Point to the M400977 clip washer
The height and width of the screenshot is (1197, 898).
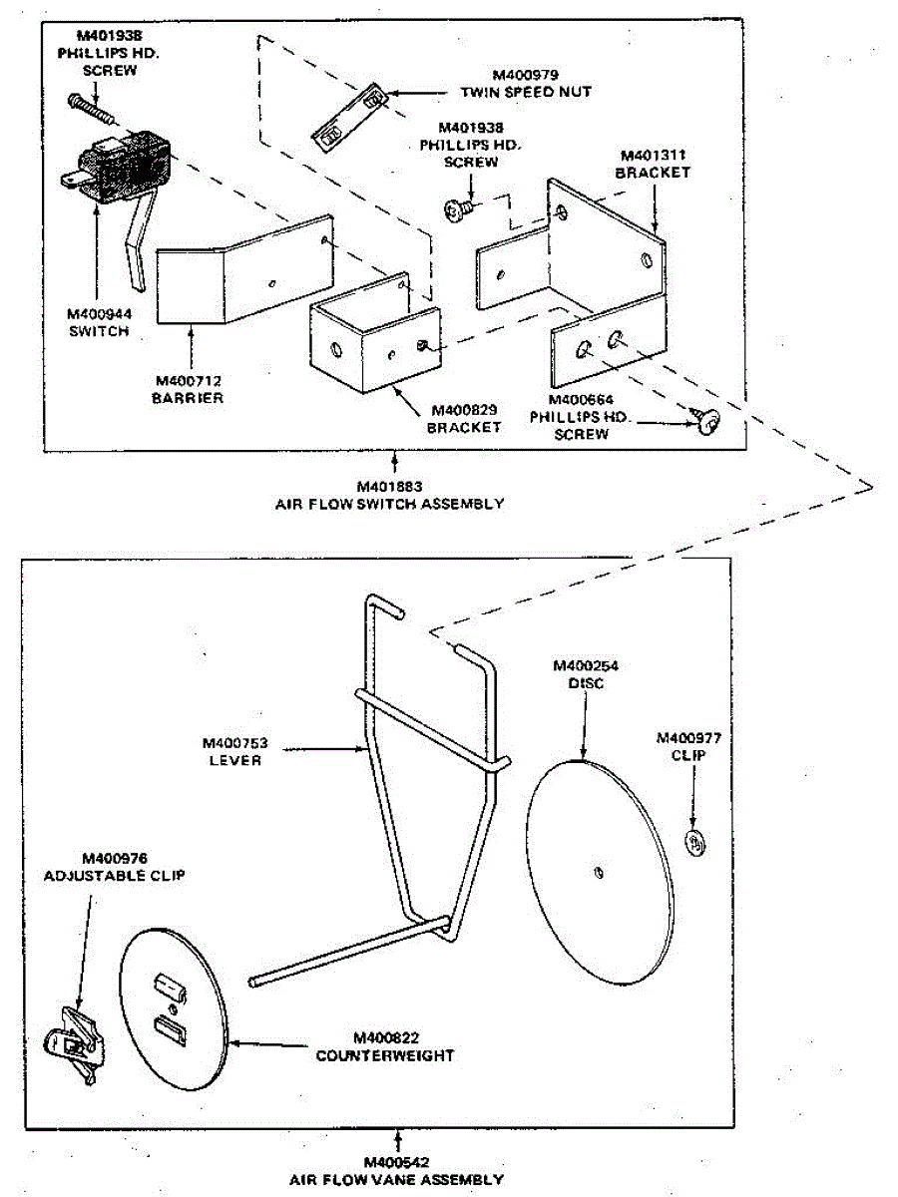(x=692, y=842)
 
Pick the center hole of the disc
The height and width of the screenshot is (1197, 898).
(x=596, y=872)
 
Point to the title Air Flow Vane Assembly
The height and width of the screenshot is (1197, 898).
(x=396, y=1171)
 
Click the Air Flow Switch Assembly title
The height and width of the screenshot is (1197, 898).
(x=389, y=495)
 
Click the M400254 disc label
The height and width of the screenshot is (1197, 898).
(x=585, y=674)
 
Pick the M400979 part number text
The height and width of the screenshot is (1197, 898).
(x=526, y=75)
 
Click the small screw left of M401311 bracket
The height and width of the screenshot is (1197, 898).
(x=459, y=208)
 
